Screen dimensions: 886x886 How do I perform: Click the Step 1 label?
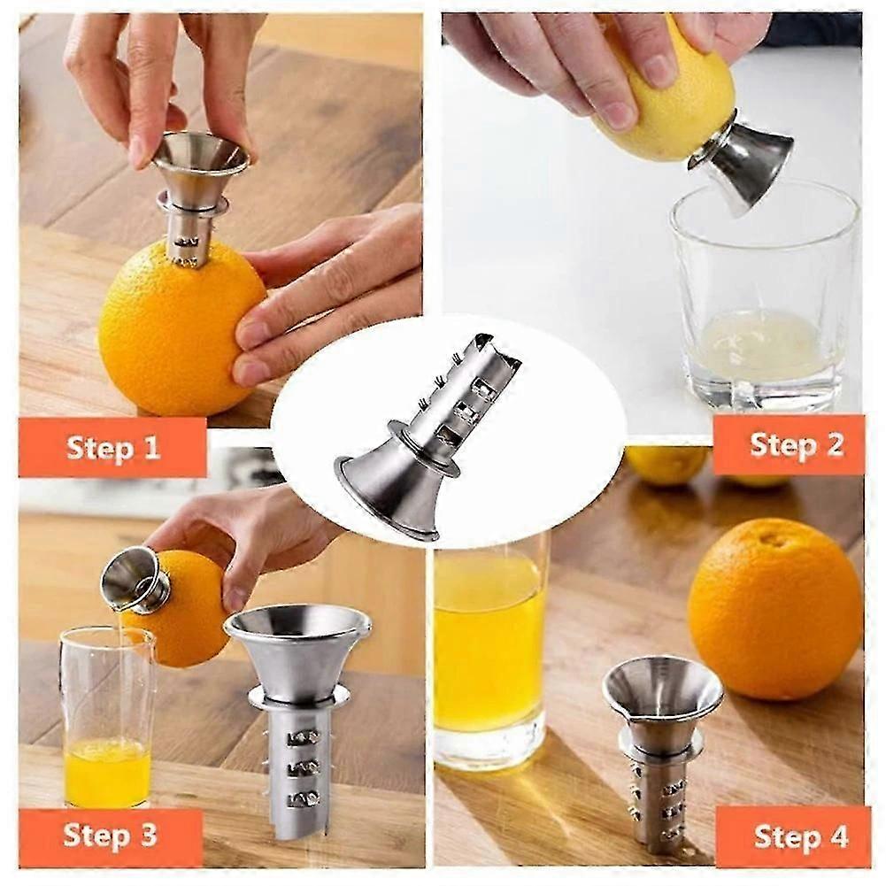point(113,448)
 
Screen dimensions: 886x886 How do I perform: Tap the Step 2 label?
point(797,444)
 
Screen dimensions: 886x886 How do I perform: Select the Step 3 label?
point(110,836)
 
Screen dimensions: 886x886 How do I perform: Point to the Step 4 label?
point(801,836)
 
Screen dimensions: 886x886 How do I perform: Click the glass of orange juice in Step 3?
point(107,718)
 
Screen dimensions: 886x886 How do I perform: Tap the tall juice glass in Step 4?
point(489,650)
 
